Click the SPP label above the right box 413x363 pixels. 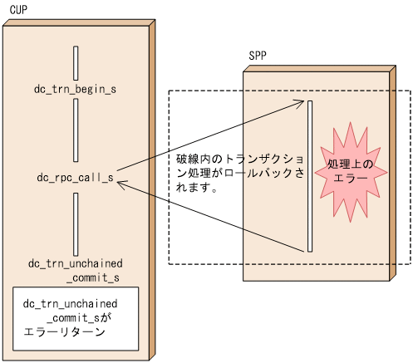click(x=258, y=56)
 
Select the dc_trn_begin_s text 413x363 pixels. click(x=75, y=89)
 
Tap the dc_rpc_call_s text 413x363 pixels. click(x=75, y=177)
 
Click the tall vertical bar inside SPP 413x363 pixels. click(x=309, y=175)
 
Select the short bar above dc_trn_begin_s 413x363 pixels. click(x=75, y=62)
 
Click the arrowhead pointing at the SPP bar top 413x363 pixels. click(x=302, y=104)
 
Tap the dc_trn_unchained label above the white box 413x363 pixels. click(x=75, y=263)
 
